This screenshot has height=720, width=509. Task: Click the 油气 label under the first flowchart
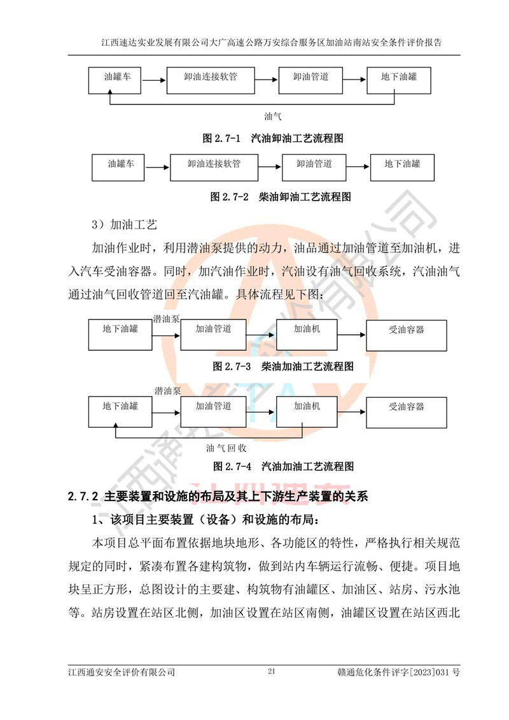point(273,116)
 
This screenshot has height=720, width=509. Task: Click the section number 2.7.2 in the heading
point(84,495)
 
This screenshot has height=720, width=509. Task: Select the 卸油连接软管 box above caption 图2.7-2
point(214,167)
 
